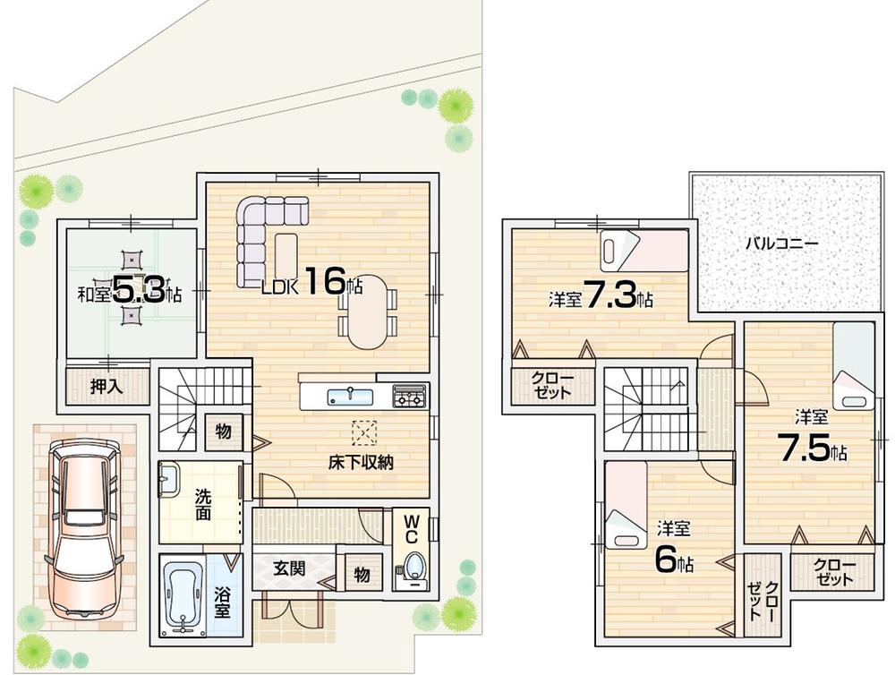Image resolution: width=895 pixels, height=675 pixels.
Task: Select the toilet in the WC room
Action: (413, 568)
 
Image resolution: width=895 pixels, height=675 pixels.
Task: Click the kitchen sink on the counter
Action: (345, 397)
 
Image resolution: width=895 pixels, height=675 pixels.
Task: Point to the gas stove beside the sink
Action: (409, 395)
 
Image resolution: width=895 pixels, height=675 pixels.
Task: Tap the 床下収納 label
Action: (361, 463)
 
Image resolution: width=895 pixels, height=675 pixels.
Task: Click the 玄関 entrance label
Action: (288, 567)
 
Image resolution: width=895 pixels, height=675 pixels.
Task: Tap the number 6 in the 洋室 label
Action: (664, 560)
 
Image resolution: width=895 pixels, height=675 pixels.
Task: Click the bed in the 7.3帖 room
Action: (643, 249)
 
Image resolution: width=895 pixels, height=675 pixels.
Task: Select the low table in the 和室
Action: (132, 288)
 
